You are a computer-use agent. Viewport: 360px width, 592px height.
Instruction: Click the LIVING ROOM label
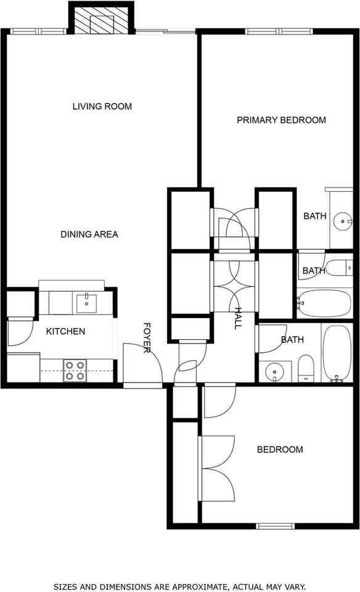click(x=102, y=106)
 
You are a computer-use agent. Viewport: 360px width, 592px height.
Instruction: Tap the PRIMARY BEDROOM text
click(x=281, y=120)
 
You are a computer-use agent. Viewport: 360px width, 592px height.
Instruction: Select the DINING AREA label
click(x=89, y=234)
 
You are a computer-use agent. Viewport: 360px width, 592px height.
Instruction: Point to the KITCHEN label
click(x=65, y=331)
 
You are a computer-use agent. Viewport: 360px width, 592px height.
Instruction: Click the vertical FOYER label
click(x=147, y=338)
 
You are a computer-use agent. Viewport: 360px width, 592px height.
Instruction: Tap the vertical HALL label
click(x=237, y=318)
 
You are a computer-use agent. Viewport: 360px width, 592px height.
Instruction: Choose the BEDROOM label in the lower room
click(x=279, y=450)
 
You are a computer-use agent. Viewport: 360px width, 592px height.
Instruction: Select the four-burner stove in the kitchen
click(x=75, y=370)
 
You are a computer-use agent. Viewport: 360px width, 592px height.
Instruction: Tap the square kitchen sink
click(x=86, y=303)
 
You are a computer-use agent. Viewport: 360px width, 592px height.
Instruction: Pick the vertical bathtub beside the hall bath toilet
click(x=336, y=353)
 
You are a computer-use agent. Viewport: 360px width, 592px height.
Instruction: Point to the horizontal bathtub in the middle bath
click(x=324, y=303)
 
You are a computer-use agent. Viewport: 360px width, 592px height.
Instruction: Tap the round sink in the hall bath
click(x=274, y=371)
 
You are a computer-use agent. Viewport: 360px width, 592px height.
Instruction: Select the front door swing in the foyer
click(x=142, y=364)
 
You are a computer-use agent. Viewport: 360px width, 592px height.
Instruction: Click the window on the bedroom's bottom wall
click(x=275, y=526)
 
